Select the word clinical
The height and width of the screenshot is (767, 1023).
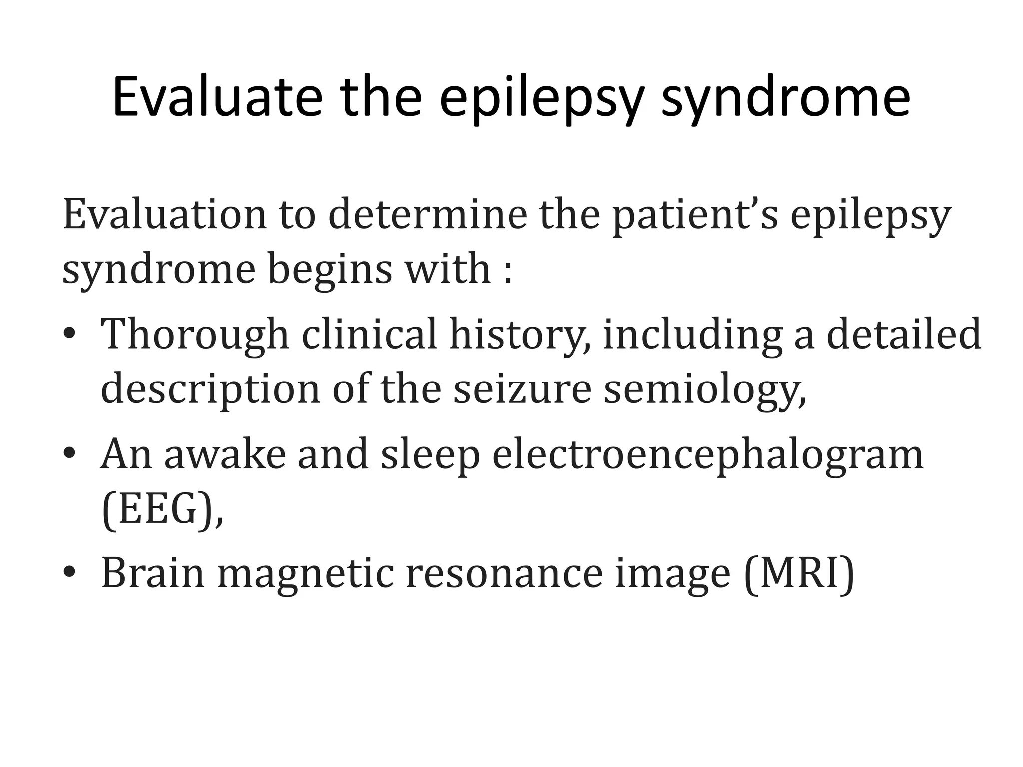tap(370, 334)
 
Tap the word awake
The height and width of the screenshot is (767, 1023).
tap(225, 454)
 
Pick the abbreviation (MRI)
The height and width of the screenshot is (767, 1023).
tap(799, 574)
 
